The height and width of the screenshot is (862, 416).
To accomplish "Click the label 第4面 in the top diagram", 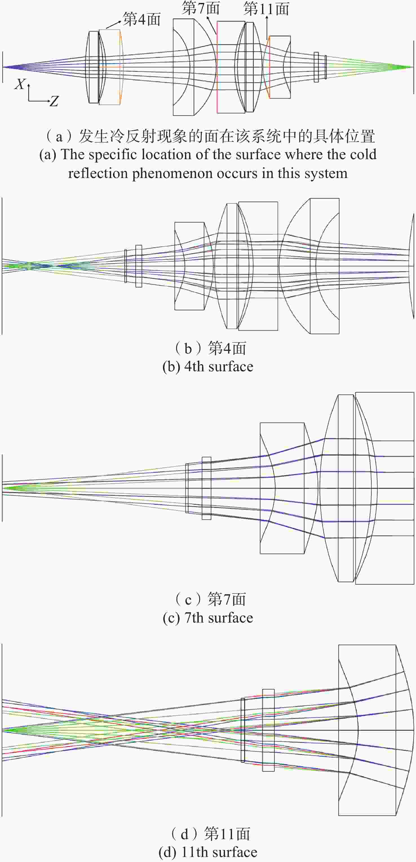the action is coord(141,19).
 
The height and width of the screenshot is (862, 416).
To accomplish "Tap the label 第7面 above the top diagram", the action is coord(200,8).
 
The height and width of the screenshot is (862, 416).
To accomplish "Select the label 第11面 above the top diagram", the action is coord(266,9).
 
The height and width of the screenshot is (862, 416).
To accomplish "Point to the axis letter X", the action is coord(20,84).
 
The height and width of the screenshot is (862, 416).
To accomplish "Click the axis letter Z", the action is coord(54,101).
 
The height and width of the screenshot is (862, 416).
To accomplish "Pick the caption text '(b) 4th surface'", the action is coord(208,367).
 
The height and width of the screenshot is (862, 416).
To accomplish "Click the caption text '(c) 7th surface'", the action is coord(208,618).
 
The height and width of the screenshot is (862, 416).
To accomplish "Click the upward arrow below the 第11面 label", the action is coord(267,28).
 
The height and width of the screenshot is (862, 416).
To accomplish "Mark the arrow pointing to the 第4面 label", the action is coord(114,25).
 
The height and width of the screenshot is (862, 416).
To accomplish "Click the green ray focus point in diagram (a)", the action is coord(412,67).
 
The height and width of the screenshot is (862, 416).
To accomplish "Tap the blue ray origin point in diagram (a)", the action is coord(4,67).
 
